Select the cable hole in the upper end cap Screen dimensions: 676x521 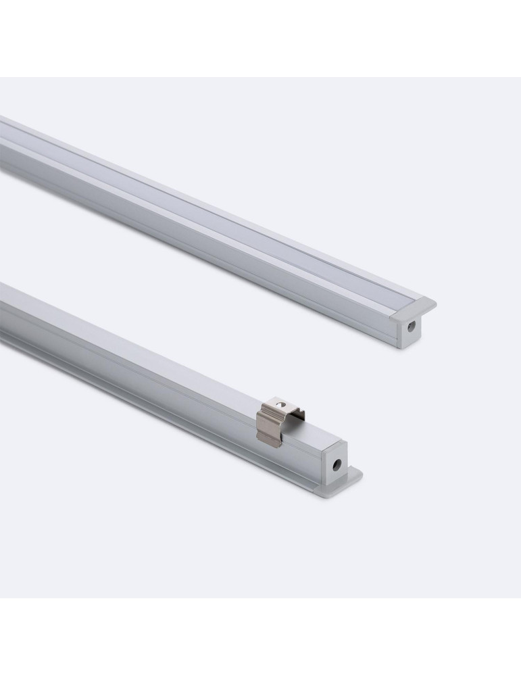410,326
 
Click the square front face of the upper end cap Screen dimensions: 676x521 407,330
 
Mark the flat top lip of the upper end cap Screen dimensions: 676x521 414,306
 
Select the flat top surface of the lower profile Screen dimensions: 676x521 169,358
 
